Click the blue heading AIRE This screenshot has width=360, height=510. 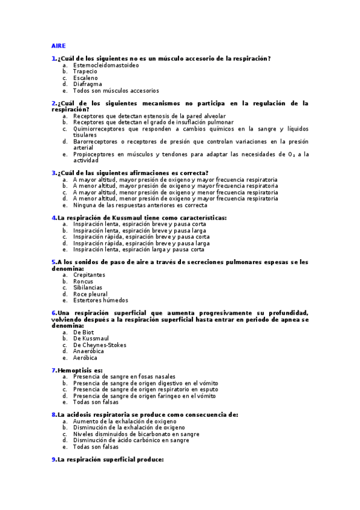click(58, 46)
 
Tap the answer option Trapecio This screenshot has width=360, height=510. click(85, 71)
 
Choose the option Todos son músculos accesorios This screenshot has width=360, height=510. click(116, 91)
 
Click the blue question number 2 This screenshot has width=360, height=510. click(53, 103)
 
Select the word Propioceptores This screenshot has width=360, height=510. click(94, 155)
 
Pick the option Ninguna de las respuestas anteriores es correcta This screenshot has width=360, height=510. click(140, 205)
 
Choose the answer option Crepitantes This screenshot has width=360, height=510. click(89, 275)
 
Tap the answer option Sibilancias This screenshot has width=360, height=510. click(88, 287)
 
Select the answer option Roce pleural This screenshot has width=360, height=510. click(90, 294)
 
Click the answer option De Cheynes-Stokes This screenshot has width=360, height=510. click(100, 345)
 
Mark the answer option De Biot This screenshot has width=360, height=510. click(84, 332)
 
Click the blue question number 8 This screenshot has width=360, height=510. click(53, 414)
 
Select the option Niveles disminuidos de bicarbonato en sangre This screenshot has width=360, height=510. click(136, 434)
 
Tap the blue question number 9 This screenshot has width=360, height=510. click(53, 459)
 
